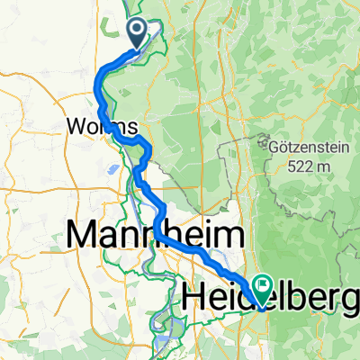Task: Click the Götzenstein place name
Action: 302,144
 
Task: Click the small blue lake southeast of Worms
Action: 116,167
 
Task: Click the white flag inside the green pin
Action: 264,287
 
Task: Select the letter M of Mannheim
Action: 83,237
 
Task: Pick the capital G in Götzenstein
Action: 273,144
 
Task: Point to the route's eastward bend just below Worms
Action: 135,140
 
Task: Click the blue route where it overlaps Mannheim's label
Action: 160,232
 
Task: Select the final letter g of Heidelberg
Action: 352,297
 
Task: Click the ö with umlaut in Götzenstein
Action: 283,144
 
